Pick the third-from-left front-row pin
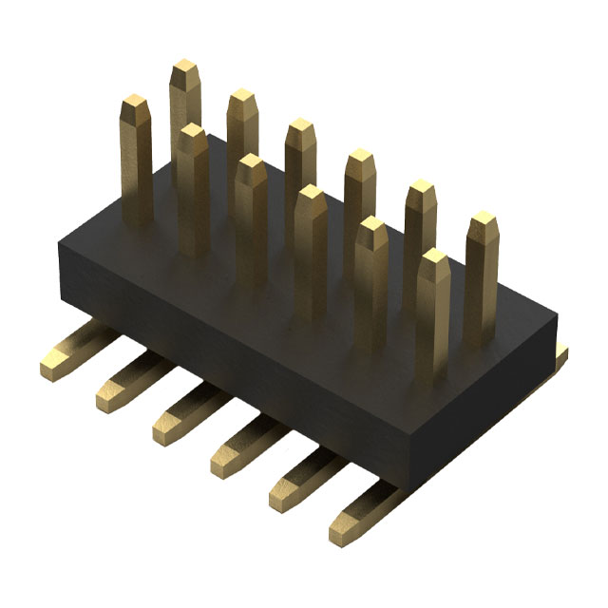tap(252, 169)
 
